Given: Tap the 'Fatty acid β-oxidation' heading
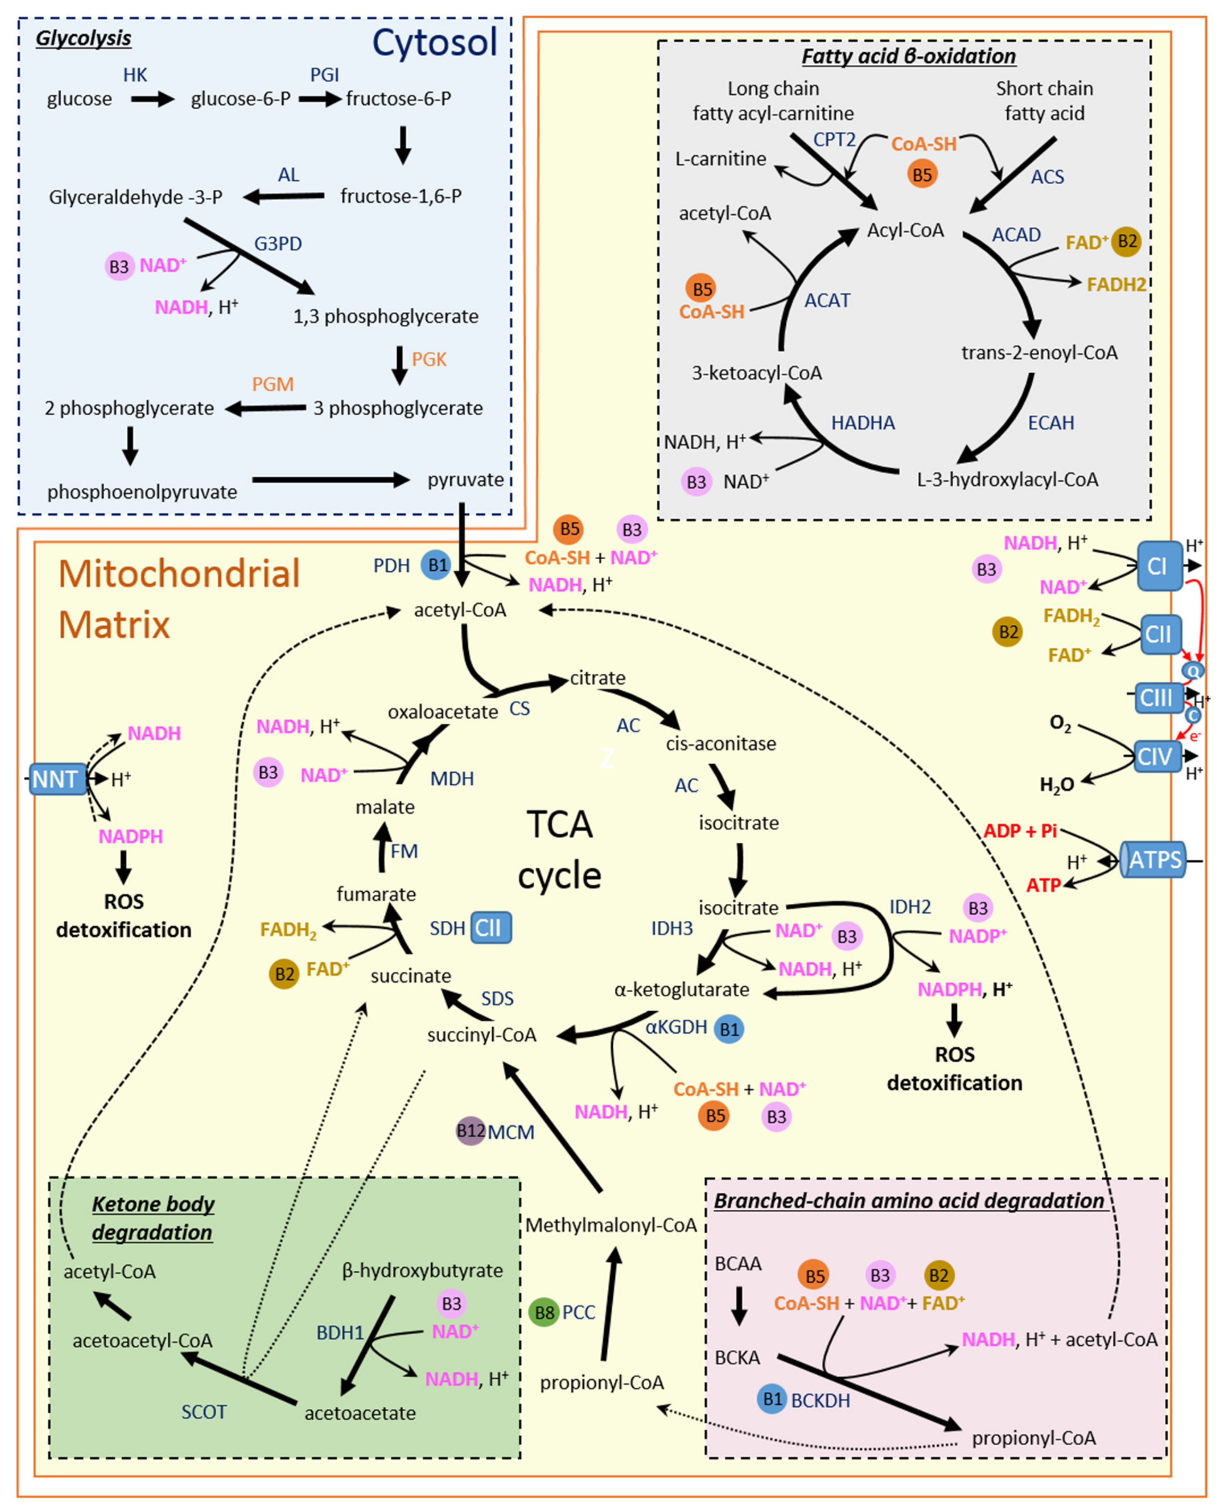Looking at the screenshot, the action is (x=909, y=56).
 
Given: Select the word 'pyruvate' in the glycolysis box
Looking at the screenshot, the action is (x=466, y=480).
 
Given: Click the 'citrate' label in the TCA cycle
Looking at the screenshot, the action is (x=598, y=678).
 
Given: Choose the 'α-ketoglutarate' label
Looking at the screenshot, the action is (x=681, y=990).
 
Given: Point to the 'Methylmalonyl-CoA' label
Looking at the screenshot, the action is (x=611, y=1225).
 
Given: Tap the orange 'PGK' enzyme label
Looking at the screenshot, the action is (x=429, y=359).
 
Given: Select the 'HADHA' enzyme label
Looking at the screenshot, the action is (x=863, y=423).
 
